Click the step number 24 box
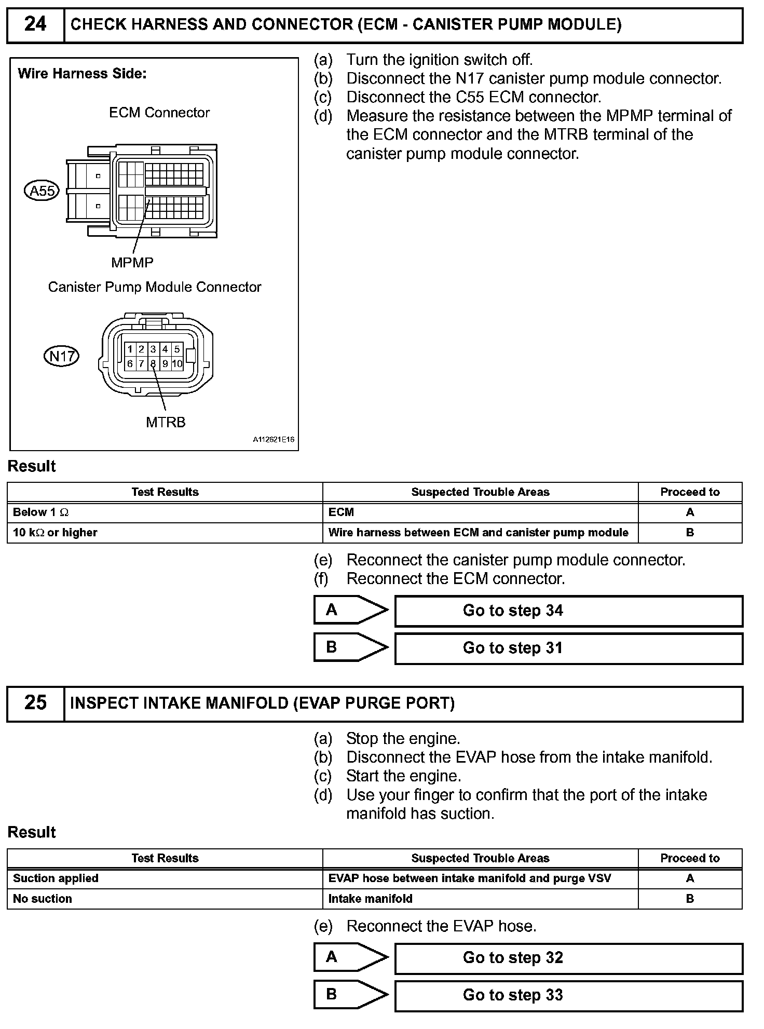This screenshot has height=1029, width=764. pyautogui.click(x=35, y=24)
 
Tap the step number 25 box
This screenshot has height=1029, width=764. pyautogui.click(x=35, y=703)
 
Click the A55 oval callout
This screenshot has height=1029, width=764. pyautogui.click(x=42, y=191)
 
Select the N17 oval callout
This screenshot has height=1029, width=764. pyautogui.click(x=61, y=356)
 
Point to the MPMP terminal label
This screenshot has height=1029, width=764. pyautogui.click(x=132, y=263)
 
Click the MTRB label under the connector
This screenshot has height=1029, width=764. pyautogui.click(x=166, y=423)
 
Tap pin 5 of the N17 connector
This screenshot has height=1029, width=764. pyautogui.click(x=177, y=349)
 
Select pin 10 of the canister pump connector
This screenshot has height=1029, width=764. pyautogui.click(x=177, y=364)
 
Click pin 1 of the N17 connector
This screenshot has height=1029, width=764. pyautogui.click(x=130, y=349)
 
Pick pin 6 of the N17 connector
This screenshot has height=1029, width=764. pyautogui.click(x=130, y=364)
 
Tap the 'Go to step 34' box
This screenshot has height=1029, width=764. pyautogui.click(x=568, y=611)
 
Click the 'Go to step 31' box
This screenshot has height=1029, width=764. pyautogui.click(x=568, y=648)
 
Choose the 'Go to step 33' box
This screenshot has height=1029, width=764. pyautogui.click(x=568, y=995)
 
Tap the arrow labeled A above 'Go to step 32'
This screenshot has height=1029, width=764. pyautogui.click(x=350, y=957)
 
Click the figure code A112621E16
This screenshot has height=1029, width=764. pyautogui.click(x=274, y=440)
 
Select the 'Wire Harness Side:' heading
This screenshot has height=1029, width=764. pyautogui.click(x=82, y=74)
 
